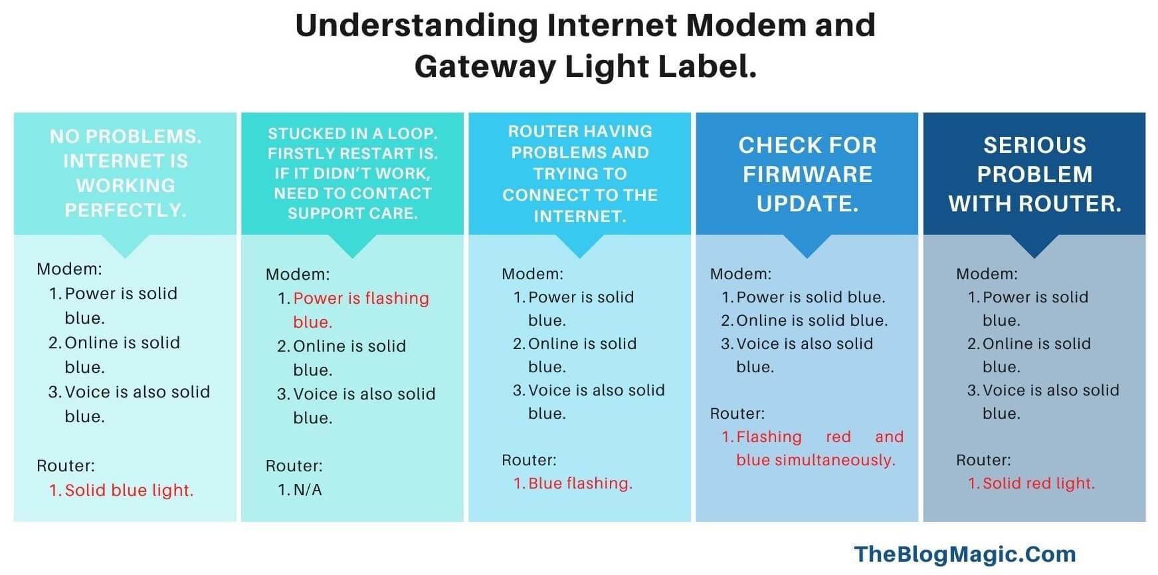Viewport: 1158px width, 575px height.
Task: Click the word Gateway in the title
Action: (x=484, y=66)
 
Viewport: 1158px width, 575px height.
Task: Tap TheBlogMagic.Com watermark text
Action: (x=964, y=554)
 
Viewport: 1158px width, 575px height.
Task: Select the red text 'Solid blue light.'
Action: (x=129, y=491)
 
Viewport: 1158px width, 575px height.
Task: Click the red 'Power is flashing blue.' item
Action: (x=361, y=310)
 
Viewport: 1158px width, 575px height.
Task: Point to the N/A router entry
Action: (x=307, y=490)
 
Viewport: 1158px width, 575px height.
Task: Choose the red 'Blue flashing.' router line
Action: (x=580, y=483)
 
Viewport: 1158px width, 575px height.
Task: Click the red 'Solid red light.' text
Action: (x=1038, y=483)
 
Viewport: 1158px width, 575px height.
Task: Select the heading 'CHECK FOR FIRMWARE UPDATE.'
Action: (x=807, y=174)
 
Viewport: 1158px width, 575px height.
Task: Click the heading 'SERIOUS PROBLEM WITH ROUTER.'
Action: (x=1034, y=174)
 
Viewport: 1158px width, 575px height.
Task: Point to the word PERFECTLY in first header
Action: (x=125, y=211)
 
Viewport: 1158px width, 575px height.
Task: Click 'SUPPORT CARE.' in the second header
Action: (x=352, y=213)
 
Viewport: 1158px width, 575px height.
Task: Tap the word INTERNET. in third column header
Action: (x=580, y=216)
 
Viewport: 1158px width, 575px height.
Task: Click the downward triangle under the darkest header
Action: (x=1034, y=245)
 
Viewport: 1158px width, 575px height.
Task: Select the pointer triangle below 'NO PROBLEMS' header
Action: (x=125, y=245)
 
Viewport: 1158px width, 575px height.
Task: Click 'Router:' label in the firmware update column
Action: (x=737, y=413)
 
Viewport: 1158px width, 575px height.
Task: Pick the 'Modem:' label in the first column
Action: (x=69, y=269)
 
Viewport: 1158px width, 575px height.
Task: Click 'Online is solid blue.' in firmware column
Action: (x=811, y=320)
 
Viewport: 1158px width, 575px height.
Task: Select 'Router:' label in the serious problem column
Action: (x=983, y=460)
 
